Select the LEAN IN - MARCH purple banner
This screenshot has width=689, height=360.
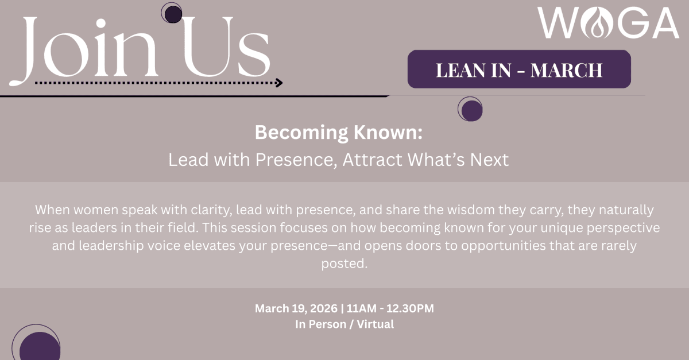pos(519,69)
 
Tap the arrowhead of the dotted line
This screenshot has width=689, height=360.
pos(279,83)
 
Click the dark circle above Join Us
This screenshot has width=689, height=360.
pos(171,13)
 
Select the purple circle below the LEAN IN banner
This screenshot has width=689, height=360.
pos(471,109)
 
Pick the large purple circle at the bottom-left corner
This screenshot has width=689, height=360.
pos(39,347)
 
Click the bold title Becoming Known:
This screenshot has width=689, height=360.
pos(339,133)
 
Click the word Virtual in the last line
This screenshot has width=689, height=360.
pos(375,324)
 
